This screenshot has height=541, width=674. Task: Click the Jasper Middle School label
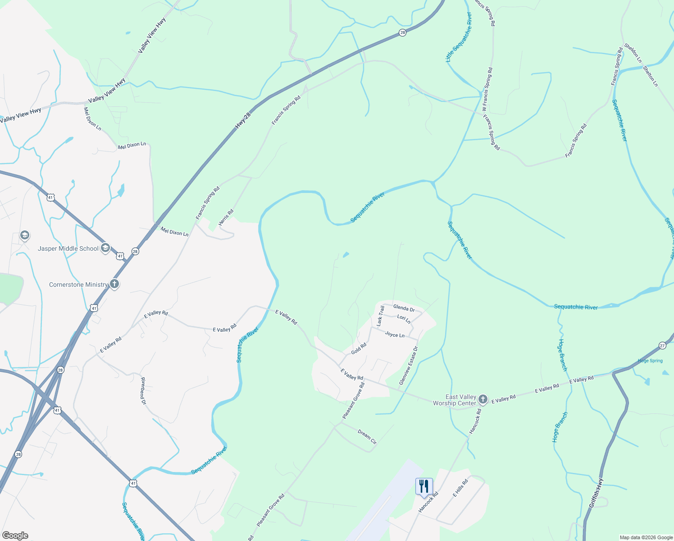tap(68, 248)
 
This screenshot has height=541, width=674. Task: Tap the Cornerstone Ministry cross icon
tap(114, 284)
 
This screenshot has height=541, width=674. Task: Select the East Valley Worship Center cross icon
tap(483, 399)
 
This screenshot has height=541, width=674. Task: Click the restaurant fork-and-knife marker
tap(424, 486)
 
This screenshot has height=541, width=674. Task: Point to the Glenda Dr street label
tap(404, 308)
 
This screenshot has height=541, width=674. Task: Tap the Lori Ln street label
tap(404, 319)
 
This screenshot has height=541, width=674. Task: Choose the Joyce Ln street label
tap(395, 335)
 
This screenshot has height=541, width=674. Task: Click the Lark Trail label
tap(381, 316)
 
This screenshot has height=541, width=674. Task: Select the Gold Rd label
tap(359, 348)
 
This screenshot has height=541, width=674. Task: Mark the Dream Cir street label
tap(367, 436)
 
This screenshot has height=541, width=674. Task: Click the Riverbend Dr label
tap(143, 390)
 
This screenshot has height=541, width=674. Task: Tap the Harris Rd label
tap(226, 217)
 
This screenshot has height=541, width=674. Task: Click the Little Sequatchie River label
tap(459, 37)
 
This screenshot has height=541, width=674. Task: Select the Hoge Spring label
tap(650, 361)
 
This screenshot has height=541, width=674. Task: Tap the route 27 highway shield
tap(662, 345)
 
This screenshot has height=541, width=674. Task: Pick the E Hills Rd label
tap(460, 488)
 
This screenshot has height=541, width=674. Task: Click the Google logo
tap(15, 536)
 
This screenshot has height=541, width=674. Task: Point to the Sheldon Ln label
tap(633, 53)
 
